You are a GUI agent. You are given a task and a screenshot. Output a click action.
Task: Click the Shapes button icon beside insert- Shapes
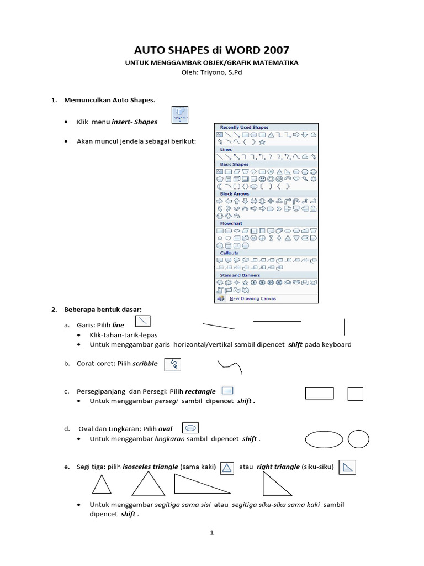(x=180, y=115)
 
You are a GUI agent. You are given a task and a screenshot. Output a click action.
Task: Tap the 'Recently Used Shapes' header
(x=244, y=128)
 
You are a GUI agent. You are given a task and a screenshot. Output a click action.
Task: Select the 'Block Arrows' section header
(x=235, y=194)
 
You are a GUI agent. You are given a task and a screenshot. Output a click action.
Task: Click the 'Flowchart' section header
(x=231, y=223)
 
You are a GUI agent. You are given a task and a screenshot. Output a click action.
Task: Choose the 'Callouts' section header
(x=230, y=253)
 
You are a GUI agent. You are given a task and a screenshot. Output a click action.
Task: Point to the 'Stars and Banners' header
(x=240, y=275)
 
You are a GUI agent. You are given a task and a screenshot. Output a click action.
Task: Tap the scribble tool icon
(x=173, y=364)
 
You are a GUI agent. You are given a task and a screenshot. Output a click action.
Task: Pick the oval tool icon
(x=190, y=428)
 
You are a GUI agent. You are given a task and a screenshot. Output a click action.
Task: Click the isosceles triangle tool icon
(x=227, y=468)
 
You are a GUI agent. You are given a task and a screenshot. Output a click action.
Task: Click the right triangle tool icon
(x=347, y=468)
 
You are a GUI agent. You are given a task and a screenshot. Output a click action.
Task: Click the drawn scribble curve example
(x=230, y=366)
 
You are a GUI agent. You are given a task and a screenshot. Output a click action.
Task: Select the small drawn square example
(x=356, y=394)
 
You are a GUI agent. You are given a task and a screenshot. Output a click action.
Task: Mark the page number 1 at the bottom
(x=211, y=533)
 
